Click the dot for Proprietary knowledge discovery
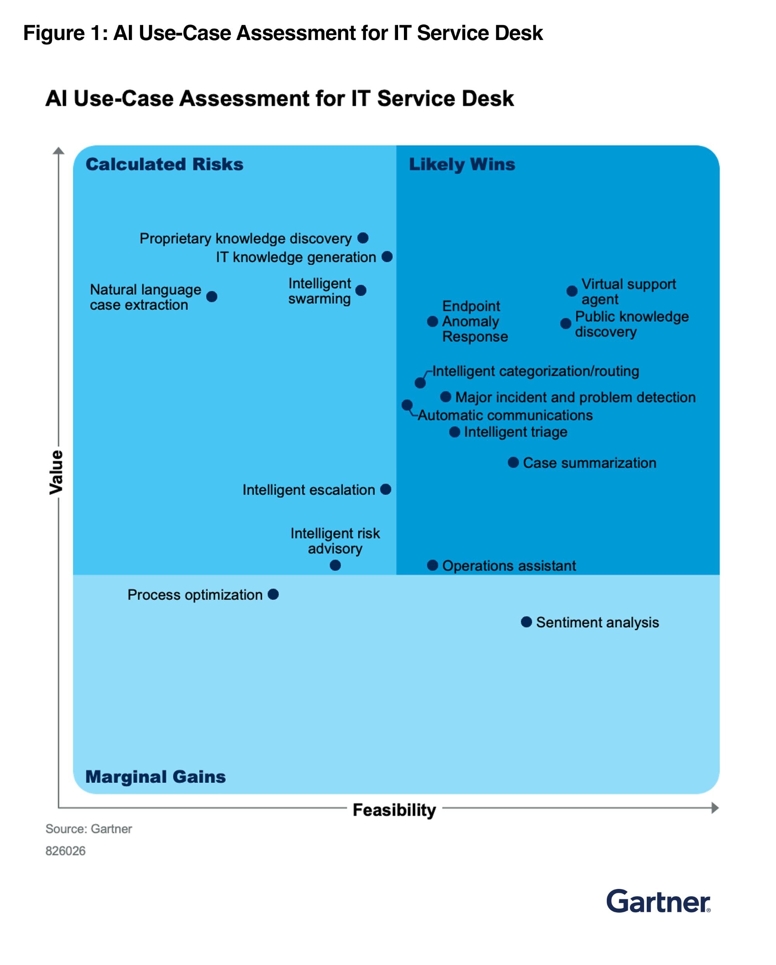pos(363,238)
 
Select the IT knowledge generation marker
pos(387,257)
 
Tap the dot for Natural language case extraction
pos(211,296)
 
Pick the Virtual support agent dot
pos(572,291)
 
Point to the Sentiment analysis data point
pos(526,622)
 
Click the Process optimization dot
pos(273,594)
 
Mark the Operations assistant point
pos(432,565)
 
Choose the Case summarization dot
pos(513,462)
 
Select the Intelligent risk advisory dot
pos(335,565)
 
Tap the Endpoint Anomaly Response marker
pos(432,321)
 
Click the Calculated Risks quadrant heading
pos(164,164)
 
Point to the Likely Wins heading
pos(462,164)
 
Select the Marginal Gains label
pos(155,777)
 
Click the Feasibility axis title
pos(394,810)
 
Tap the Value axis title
pos(56,472)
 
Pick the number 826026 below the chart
pos(65,851)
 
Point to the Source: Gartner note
pos(88,829)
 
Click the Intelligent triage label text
pos(515,432)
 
